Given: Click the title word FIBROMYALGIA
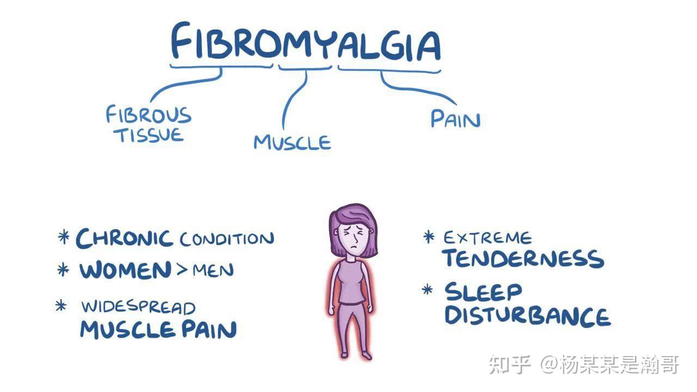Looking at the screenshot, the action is [305, 42].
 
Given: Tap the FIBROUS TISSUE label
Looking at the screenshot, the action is [149, 124].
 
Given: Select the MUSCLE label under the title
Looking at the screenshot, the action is [292, 142].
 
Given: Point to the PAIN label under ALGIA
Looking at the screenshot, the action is [455, 119].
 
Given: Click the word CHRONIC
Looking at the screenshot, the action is [124, 238].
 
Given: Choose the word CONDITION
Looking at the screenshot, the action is [227, 239].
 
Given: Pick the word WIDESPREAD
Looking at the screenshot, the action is [138, 307].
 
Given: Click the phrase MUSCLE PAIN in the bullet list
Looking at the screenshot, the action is [158, 329].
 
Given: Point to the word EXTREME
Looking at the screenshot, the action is [487, 238].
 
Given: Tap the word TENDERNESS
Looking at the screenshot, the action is [523, 259].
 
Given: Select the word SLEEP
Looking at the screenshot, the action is [483, 292].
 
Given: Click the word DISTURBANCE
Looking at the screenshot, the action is [527, 316].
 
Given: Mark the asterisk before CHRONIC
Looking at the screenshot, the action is [64, 237].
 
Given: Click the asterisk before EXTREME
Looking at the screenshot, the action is [429, 237].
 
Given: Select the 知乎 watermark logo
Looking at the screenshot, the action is [510, 365].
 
